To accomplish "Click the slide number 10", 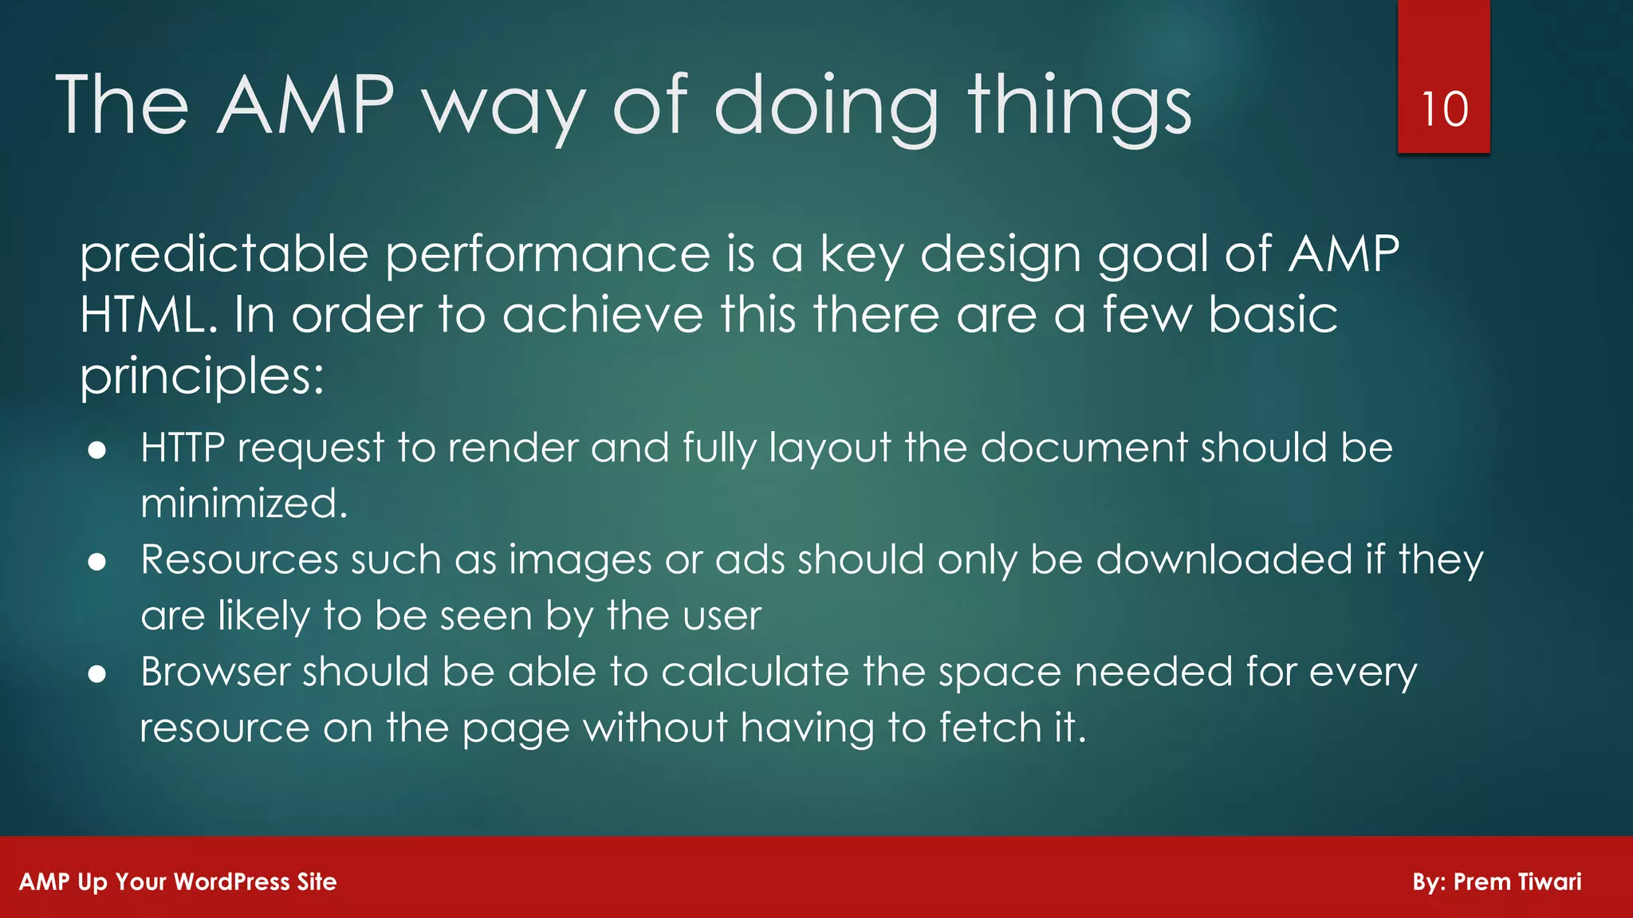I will pos(1444,109).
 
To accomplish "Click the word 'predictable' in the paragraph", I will pos(224,255).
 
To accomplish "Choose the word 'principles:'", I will pos(202,376).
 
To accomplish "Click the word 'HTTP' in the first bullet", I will pos(183,448).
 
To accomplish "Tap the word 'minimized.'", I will pos(244,504).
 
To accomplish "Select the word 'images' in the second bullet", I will pos(580,560).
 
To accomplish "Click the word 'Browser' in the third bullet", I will pos(215,672).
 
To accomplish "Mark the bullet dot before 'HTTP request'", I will pos(97,450).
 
